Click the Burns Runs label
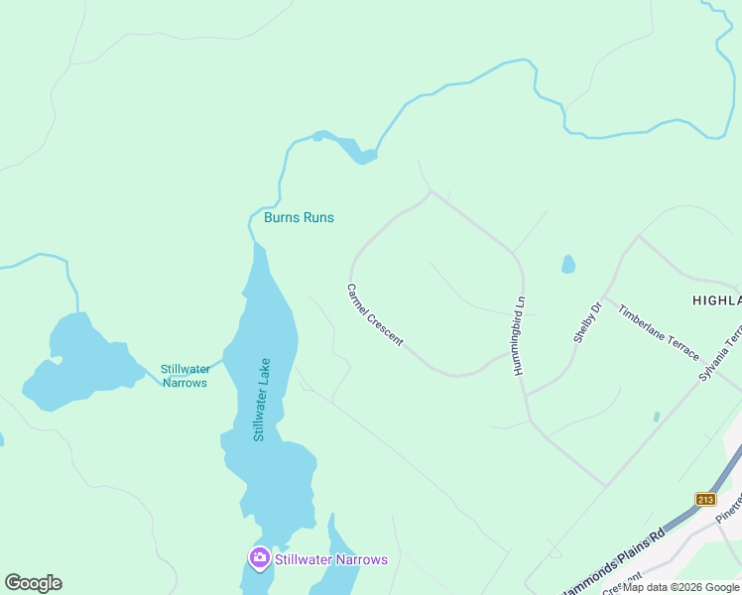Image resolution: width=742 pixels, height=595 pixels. click(299, 217)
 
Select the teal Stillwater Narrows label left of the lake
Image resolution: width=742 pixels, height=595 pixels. click(185, 376)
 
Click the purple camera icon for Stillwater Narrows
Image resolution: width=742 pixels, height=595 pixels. click(259, 558)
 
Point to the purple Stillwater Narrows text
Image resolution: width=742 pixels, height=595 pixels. click(330, 559)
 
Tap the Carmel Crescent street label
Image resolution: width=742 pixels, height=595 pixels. click(374, 315)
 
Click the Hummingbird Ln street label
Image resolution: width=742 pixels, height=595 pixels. click(519, 334)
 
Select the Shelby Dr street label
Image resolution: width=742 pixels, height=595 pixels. click(587, 323)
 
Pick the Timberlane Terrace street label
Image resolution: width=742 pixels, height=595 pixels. click(659, 330)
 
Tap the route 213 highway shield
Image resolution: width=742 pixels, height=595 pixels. click(705, 499)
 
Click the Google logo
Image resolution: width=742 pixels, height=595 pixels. click(33, 583)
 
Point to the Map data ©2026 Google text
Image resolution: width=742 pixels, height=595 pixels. click(680, 587)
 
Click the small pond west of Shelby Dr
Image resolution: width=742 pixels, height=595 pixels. click(567, 264)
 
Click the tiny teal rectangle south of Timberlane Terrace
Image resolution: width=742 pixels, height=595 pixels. click(656, 417)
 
